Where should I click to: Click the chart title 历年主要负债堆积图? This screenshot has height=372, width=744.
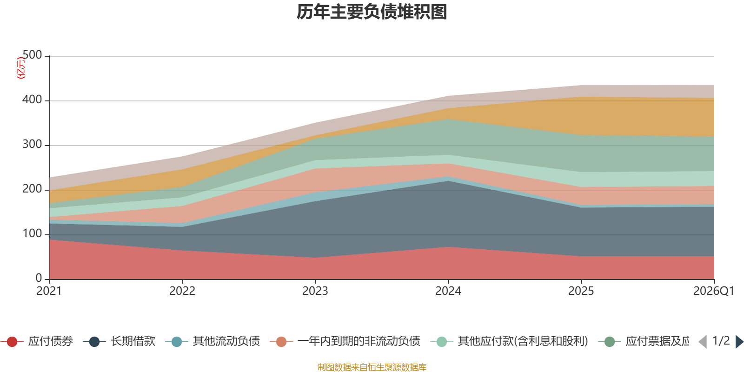372,12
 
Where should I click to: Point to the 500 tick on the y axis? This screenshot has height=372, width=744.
32,55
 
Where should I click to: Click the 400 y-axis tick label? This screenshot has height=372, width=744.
32,100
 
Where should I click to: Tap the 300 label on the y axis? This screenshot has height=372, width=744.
32,145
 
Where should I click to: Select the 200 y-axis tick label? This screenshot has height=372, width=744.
32,189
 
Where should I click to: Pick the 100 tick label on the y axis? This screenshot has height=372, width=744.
32,234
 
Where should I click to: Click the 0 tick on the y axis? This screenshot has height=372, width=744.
39,278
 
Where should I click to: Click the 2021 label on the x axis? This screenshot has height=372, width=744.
49,291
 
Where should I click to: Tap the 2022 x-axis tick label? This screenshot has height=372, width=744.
182,291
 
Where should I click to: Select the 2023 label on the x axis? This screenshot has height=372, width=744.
315,291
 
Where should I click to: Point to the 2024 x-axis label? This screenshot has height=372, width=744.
448,291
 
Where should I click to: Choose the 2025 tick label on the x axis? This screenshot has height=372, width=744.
581,291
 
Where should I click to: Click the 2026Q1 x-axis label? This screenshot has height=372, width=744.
713,291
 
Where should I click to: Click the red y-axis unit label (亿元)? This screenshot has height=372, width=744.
21,68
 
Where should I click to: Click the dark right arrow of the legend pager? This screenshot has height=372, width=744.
739,342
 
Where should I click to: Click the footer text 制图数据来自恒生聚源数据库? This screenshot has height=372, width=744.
372,367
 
